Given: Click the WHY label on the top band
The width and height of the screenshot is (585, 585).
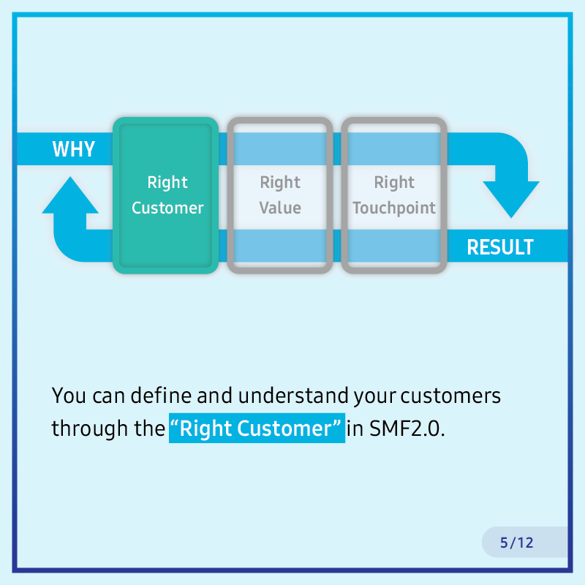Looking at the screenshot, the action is [74, 149].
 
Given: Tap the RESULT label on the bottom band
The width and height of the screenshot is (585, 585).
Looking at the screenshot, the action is [500, 247].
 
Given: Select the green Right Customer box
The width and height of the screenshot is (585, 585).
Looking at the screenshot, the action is [166, 195].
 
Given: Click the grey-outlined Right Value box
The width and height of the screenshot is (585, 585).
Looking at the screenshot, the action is [280, 195].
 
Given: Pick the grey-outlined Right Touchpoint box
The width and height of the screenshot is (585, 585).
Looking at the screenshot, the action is [394, 195].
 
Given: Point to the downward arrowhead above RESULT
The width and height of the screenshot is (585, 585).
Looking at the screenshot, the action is [511, 198].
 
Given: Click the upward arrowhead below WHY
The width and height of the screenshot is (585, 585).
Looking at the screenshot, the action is [70, 195].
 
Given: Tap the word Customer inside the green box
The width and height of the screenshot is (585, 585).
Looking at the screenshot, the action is [167, 208].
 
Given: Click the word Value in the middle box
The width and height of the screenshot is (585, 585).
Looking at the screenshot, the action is [280, 208].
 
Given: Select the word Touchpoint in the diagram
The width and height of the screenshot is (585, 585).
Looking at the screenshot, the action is [394, 208].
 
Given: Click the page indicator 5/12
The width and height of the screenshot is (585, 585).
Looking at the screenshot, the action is [517, 543].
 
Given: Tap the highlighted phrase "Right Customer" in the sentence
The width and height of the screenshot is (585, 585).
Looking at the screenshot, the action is [257, 429].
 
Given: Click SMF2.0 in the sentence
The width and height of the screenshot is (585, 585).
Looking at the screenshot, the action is [407, 429].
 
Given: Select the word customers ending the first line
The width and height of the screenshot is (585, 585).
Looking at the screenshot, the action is [450, 396].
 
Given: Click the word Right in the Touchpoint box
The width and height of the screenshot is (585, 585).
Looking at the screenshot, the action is [394, 182].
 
